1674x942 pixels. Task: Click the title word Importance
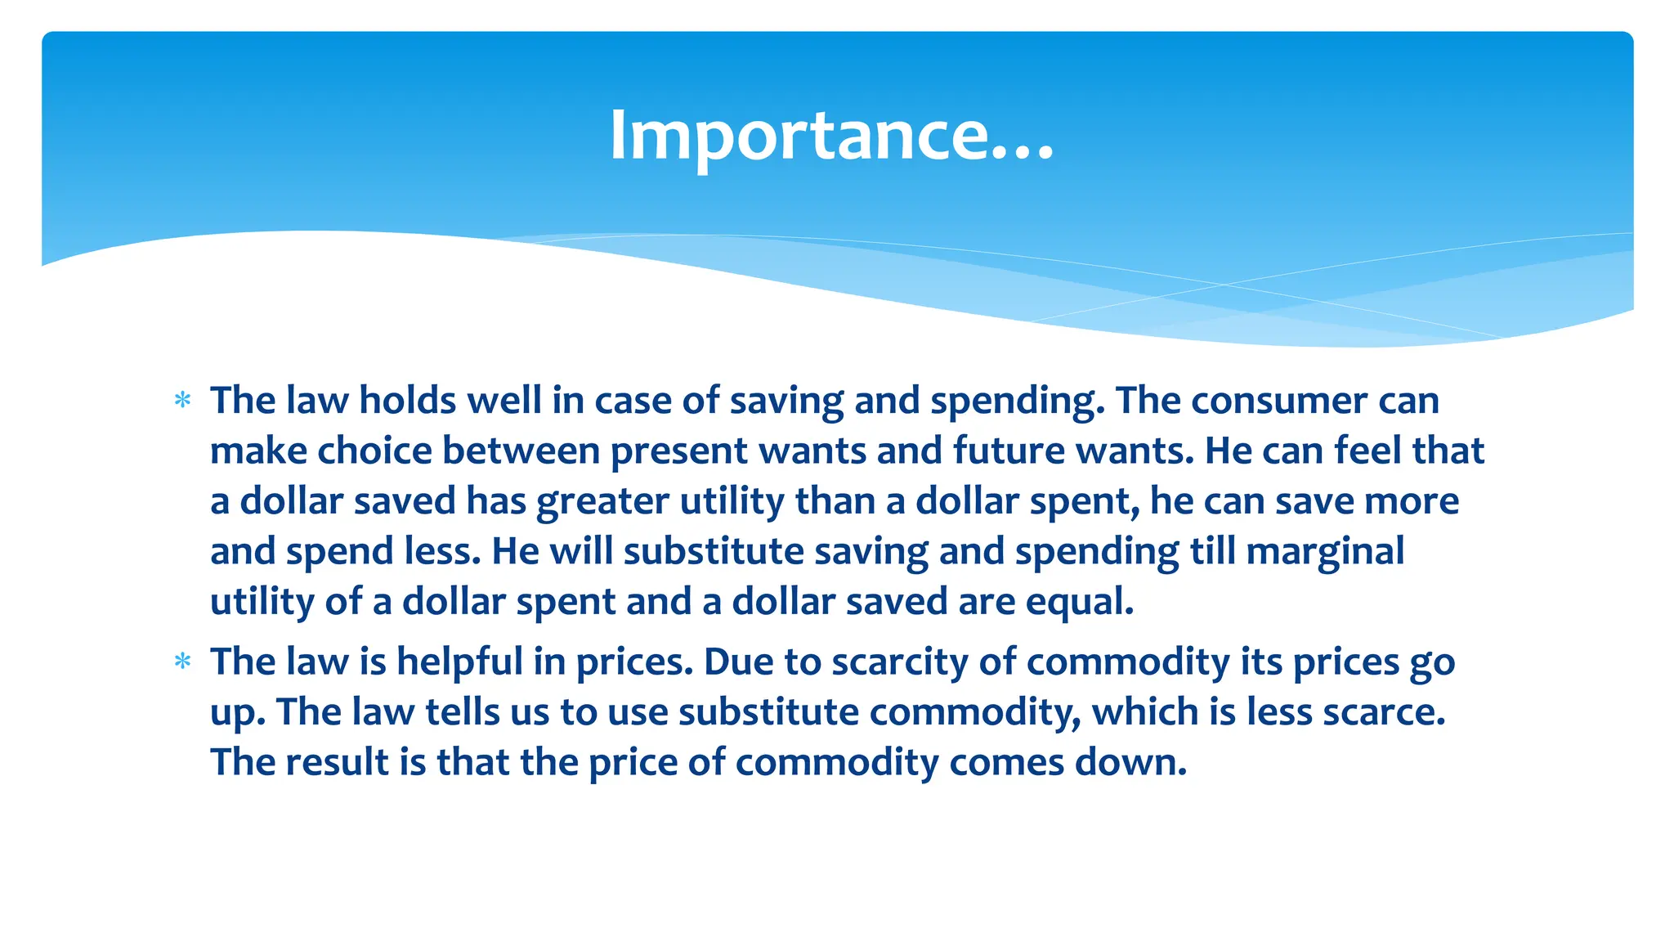831,136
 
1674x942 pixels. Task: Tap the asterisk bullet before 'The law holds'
183,401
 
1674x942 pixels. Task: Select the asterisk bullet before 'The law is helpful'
183,662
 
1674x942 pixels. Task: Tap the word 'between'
521,451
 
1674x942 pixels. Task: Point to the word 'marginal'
1325,552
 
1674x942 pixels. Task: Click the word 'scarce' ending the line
1382,712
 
